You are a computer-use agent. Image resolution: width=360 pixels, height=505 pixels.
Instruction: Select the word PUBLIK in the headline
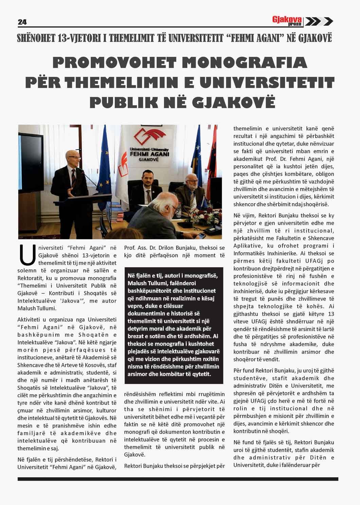coord(120,102)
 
